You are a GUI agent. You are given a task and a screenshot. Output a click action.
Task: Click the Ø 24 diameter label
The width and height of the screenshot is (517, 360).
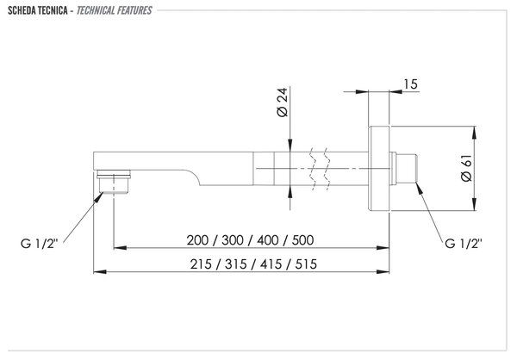tap(283, 102)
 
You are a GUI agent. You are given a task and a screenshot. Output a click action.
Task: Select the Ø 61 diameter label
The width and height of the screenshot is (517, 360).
tap(466, 168)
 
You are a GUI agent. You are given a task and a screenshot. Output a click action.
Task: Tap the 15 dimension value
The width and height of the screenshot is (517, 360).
tap(410, 84)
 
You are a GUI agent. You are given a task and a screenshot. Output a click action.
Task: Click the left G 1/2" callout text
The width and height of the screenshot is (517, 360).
tap(40, 244)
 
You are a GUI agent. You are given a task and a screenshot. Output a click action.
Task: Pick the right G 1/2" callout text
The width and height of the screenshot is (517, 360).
tap(464, 244)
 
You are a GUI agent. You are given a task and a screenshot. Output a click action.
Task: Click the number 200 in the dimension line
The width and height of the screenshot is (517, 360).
tap(197, 240)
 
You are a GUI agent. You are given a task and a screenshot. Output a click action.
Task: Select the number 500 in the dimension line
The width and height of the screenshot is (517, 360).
tap(302, 240)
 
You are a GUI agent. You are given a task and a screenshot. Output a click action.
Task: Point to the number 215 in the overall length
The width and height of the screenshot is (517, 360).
tap(201, 264)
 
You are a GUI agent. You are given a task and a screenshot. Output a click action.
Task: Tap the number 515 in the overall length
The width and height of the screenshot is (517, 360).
tap(306, 264)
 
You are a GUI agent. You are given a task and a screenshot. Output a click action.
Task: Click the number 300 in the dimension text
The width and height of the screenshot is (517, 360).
tap(233, 240)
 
